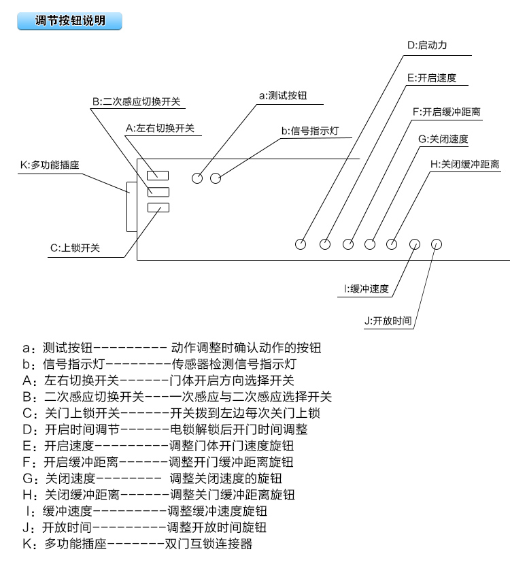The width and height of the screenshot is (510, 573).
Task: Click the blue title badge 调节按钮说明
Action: pyautogui.click(x=70, y=21)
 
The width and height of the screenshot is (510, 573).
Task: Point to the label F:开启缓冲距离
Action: pyautogui.click(x=447, y=112)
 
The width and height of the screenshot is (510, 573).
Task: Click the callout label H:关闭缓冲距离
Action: pyautogui.click(x=465, y=164)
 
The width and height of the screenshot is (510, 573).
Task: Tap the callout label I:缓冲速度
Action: pyautogui.click(x=367, y=289)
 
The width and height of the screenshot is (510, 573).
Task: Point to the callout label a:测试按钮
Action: pyautogui.click(x=283, y=96)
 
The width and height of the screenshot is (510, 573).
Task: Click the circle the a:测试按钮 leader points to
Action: pyautogui.click(x=197, y=178)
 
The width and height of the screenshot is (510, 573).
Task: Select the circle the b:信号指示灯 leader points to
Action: pyautogui.click(x=216, y=178)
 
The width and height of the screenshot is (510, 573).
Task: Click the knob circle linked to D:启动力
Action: pyautogui.click(x=301, y=243)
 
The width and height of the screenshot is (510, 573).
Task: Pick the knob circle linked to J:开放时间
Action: pyautogui.click(x=437, y=243)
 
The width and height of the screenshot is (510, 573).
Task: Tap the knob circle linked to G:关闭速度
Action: pyautogui.click(x=371, y=243)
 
